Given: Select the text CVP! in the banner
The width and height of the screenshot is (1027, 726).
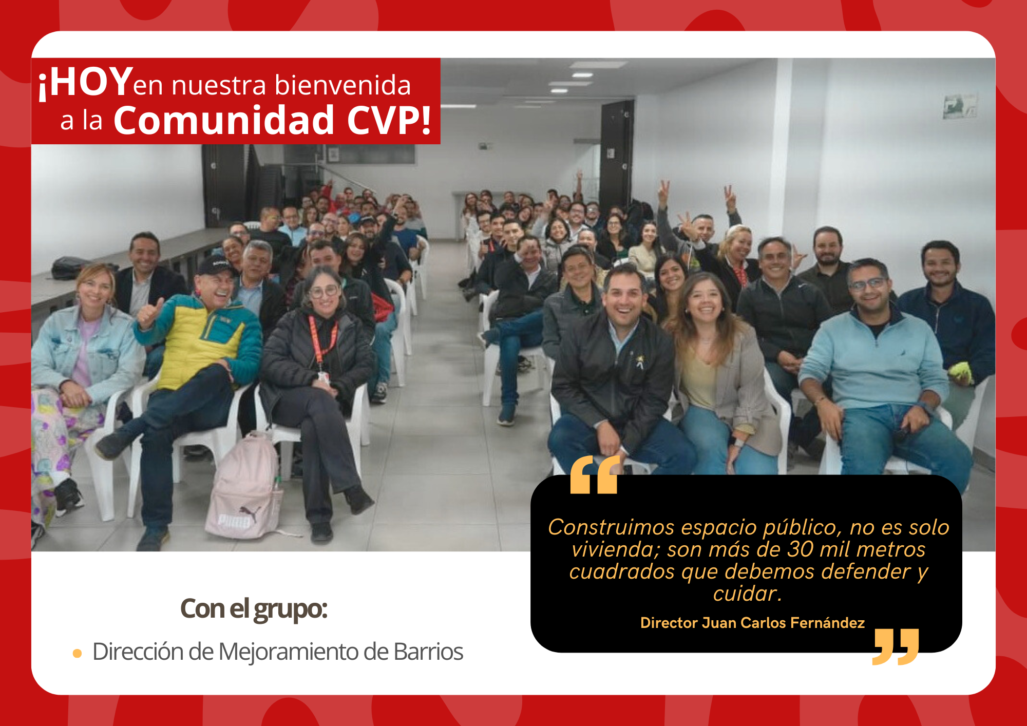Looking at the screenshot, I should pos(389,121).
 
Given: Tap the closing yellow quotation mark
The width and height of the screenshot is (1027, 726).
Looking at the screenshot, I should pos(896,646).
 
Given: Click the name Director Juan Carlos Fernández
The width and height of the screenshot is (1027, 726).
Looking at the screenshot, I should pos(752,623).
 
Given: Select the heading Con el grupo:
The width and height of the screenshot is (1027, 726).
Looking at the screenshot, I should pos(254,609).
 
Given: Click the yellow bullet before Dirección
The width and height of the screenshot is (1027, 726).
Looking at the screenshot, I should pos(78,654).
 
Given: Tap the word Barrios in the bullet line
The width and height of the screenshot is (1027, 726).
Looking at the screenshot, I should pos(428,652).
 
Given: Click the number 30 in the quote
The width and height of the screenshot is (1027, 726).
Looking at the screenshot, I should pos(800,549).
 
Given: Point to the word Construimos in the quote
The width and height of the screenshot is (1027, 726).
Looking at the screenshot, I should pos(611,527).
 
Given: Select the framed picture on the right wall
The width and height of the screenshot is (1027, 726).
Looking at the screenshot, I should pos(959,106).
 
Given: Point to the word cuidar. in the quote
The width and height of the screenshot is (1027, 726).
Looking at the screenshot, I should pos(747,594).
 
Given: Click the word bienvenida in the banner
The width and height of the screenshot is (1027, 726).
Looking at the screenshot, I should pos(343,85).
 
